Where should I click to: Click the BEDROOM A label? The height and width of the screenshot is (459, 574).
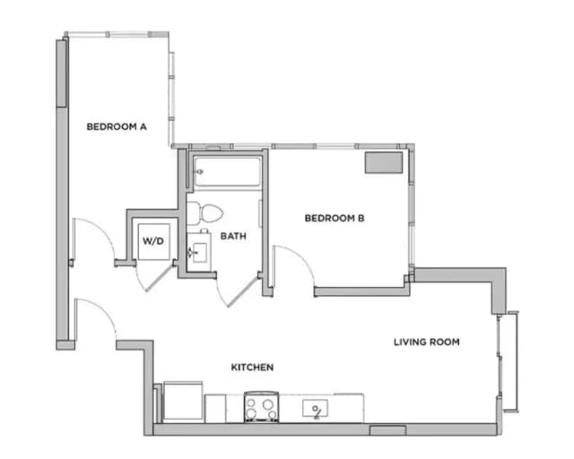[117, 126]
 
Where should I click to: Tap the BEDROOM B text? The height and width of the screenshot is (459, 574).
[334, 218]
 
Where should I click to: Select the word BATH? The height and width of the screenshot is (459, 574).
[233, 237]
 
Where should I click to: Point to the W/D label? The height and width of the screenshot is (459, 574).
[152, 240]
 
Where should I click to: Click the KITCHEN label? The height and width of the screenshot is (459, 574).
[252, 368]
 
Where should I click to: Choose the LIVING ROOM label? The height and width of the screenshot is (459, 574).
[426, 342]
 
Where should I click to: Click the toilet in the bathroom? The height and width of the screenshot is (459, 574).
[205, 213]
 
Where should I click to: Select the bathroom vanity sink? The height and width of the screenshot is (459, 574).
[198, 252]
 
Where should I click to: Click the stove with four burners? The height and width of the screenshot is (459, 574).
[260, 408]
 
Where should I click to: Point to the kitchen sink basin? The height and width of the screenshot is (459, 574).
[316, 410]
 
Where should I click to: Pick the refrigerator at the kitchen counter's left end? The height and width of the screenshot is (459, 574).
[180, 402]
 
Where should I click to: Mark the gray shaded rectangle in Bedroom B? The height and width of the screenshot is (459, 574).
[383, 162]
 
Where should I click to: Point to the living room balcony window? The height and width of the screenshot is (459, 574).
[509, 361]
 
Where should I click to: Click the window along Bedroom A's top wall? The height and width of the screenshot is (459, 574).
[117, 35]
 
